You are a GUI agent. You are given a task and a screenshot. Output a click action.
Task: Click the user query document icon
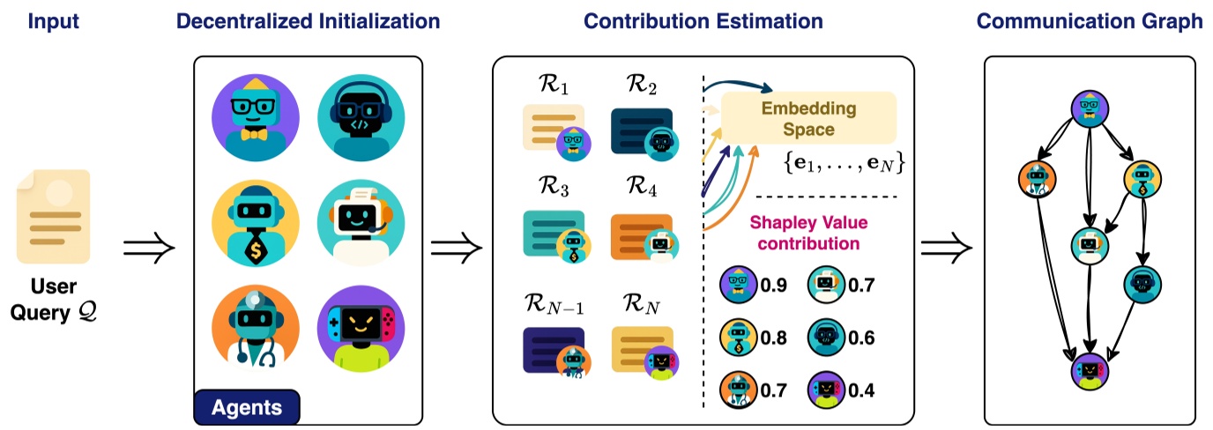point(53,216)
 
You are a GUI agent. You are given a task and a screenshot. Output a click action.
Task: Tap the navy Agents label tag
point(247,407)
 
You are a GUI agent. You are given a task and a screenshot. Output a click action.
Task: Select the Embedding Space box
point(808,118)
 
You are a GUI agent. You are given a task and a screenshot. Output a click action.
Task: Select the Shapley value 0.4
point(863,387)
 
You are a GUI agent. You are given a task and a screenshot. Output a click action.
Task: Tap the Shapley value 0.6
point(863,336)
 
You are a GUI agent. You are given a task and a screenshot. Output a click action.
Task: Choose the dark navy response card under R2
point(641,130)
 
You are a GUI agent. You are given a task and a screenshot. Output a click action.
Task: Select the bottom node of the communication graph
point(1090,372)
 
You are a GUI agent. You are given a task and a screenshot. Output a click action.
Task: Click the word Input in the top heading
point(53,22)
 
